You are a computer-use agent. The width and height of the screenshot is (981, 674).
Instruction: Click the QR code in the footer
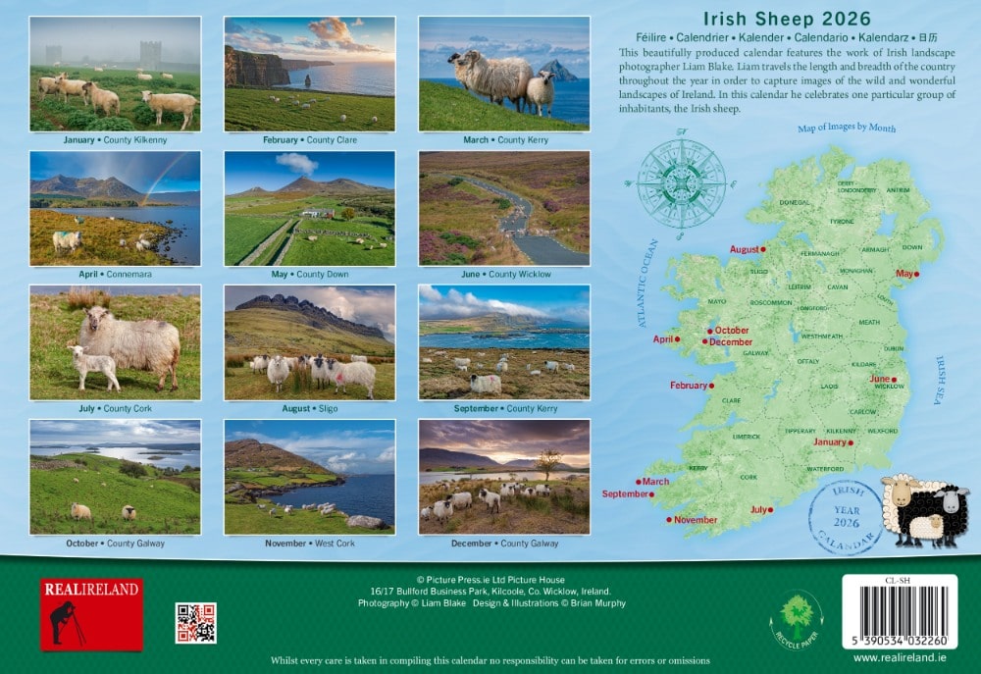(195, 623)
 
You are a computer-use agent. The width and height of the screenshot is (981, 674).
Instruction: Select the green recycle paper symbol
(796, 618)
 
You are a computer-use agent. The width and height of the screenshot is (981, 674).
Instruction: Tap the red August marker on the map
(763, 249)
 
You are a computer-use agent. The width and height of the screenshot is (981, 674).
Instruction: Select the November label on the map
(696, 520)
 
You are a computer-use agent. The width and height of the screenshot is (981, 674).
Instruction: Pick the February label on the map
(689, 386)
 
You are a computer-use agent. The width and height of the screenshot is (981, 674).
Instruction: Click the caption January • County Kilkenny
(116, 140)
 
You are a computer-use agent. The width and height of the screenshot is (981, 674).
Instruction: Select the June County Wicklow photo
(504, 208)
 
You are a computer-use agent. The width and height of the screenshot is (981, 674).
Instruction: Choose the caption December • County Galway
(505, 544)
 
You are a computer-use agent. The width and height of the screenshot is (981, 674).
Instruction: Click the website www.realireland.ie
(900, 657)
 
